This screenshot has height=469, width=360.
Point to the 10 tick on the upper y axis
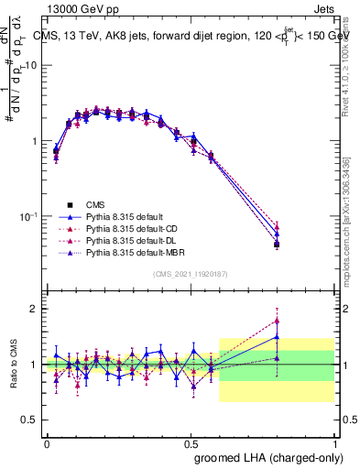(x=31, y=66)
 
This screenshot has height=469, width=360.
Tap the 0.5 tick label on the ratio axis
(x=32, y=420)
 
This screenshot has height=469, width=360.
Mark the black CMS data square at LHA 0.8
(x=278, y=245)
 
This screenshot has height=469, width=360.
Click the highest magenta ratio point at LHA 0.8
(x=278, y=321)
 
